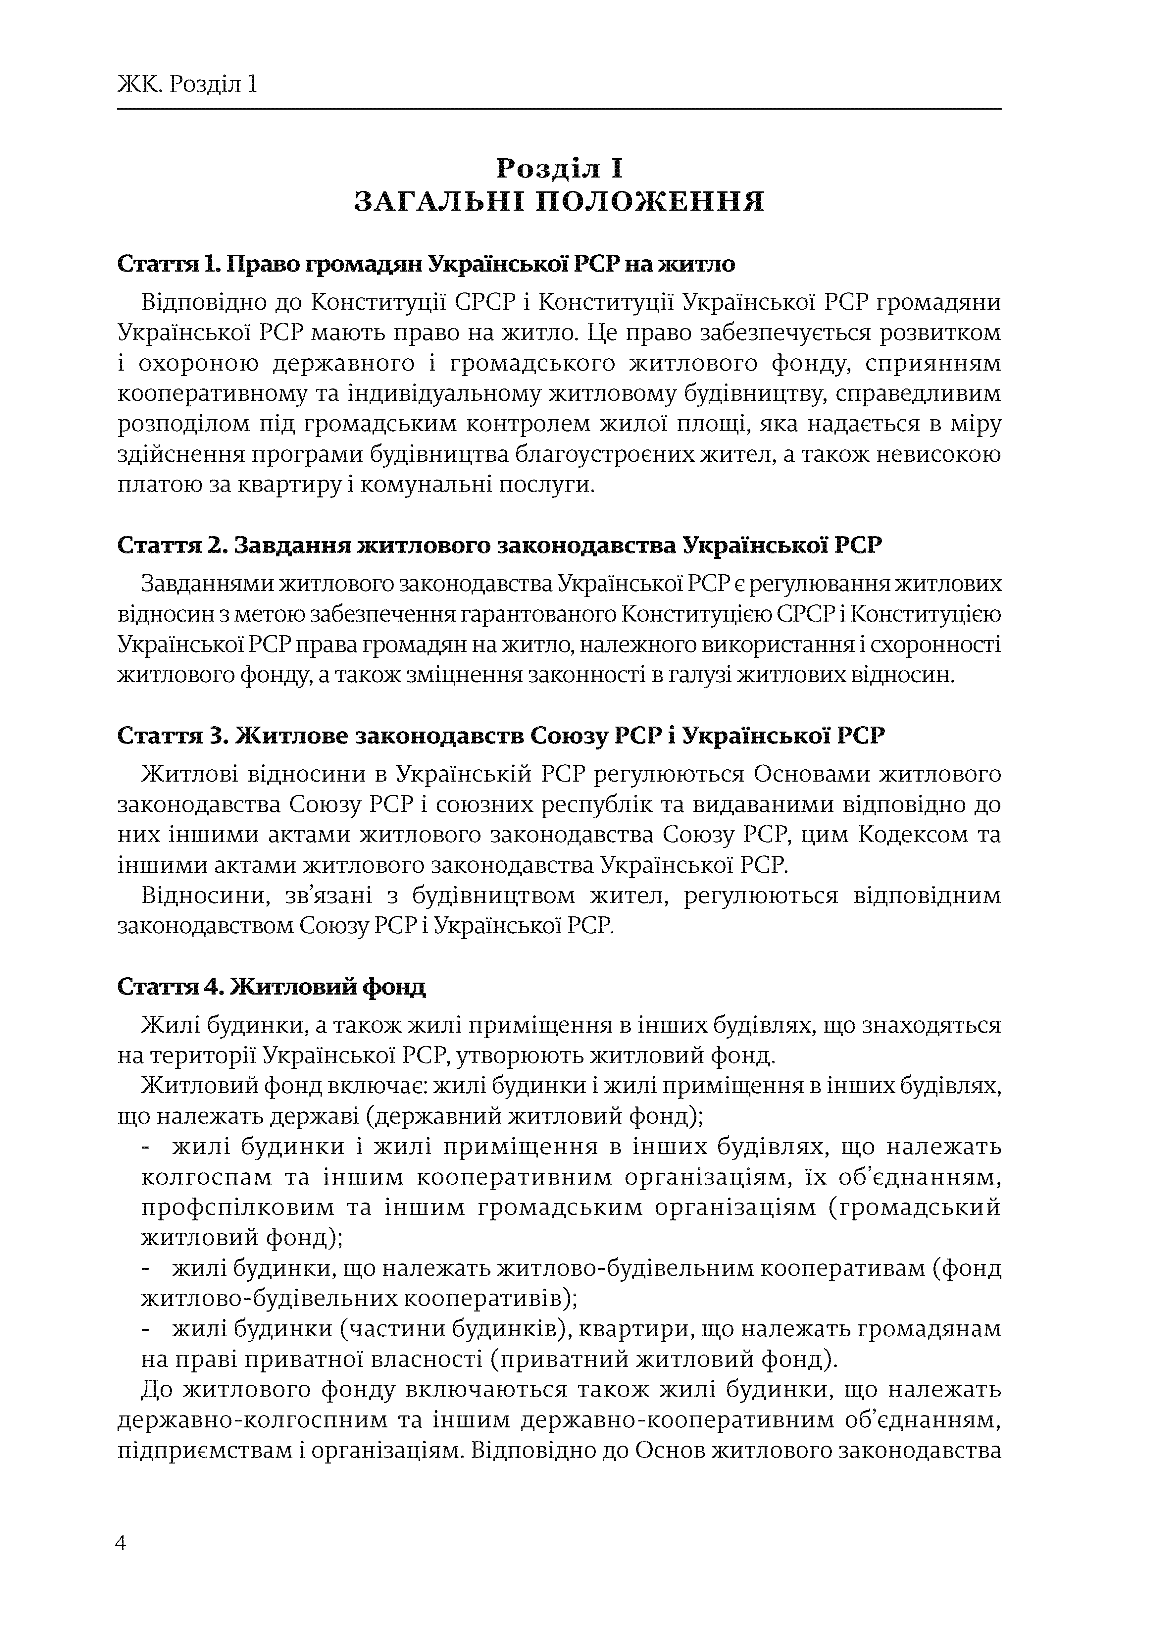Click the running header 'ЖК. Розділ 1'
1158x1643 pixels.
187,85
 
